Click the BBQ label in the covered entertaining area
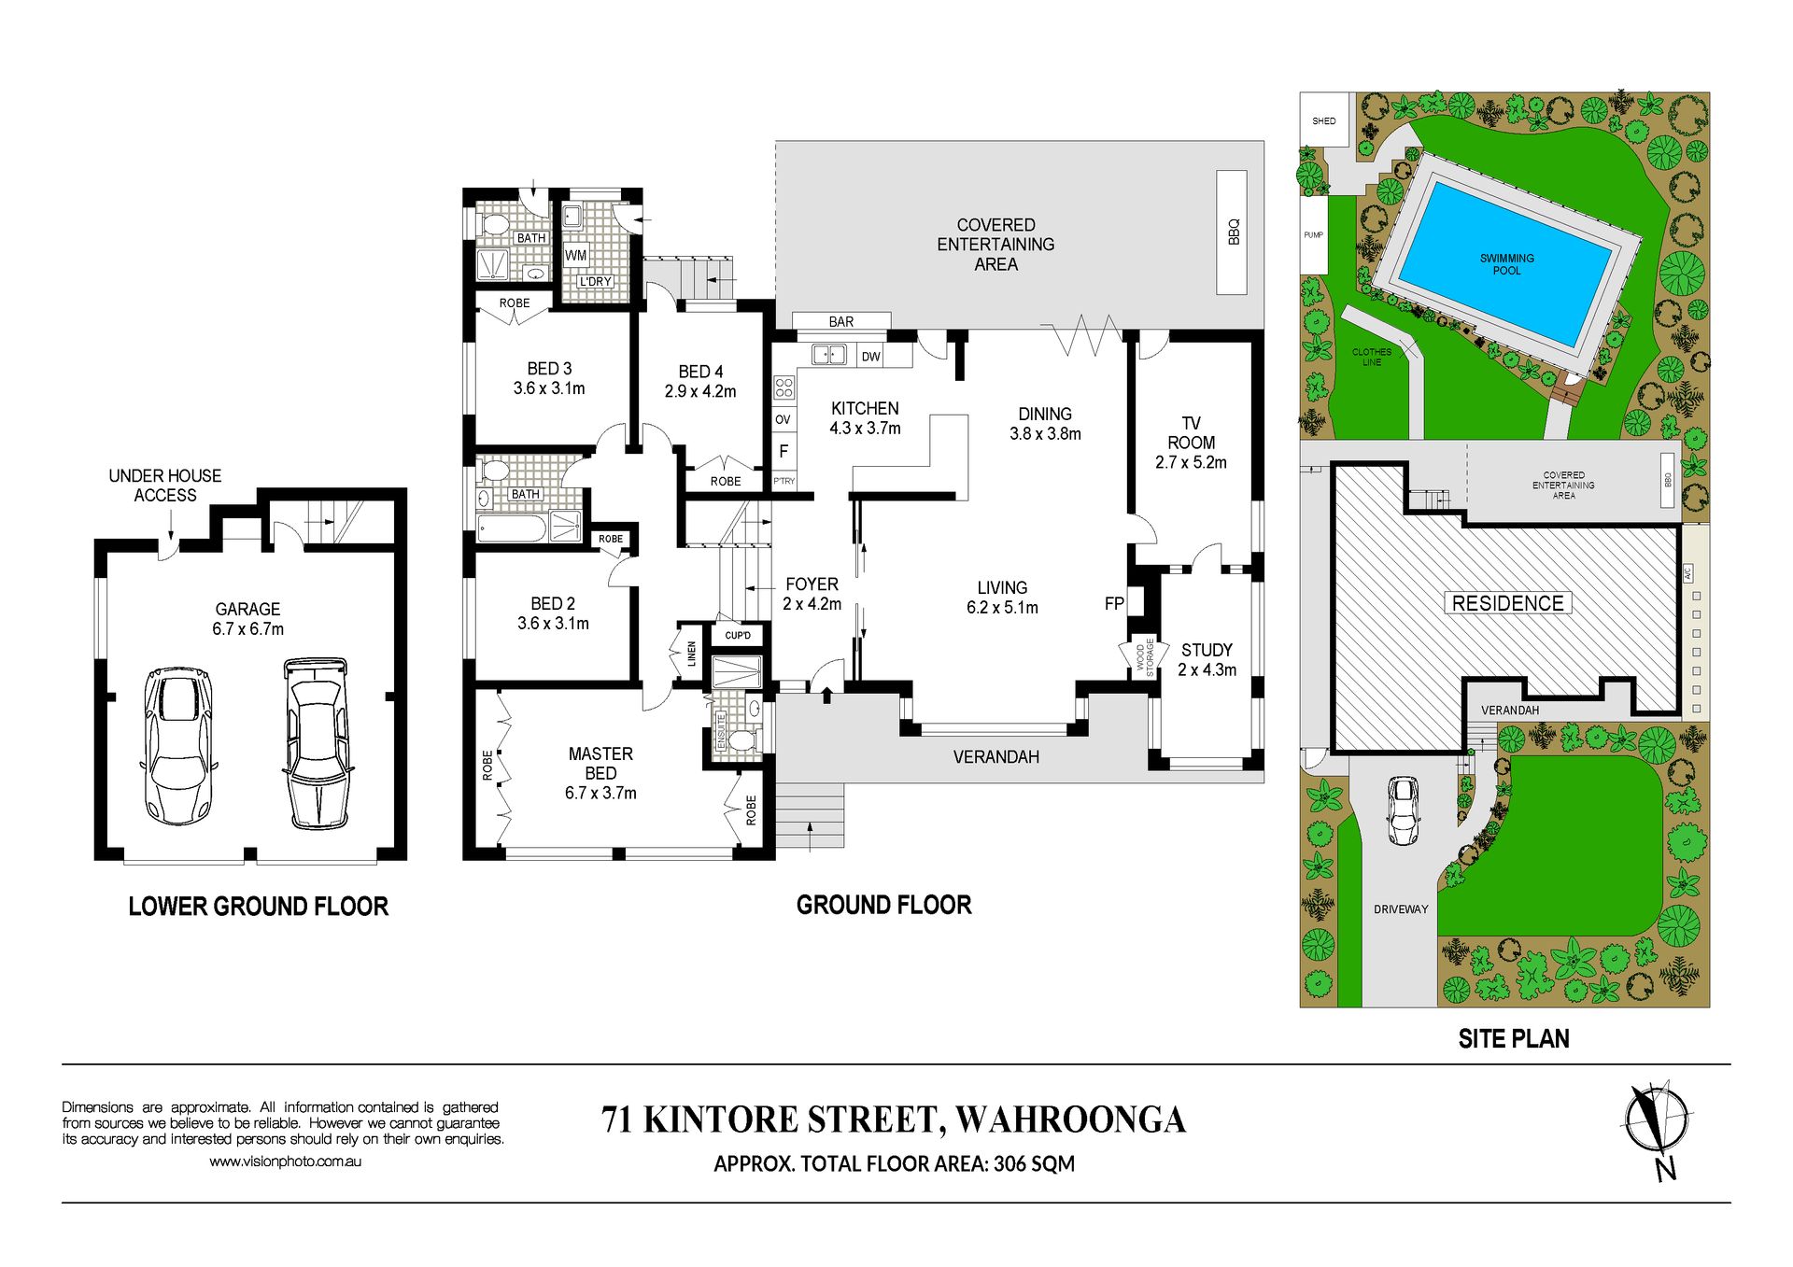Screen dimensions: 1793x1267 pos(1233,232)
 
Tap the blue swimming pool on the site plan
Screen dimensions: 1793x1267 pos(1506,263)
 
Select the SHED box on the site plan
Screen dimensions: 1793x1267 pos(1325,120)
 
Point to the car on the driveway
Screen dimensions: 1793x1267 pos(1403,809)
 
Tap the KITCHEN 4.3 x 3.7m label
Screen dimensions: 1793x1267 pos(865,418)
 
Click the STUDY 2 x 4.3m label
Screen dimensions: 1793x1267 pos(1207,659)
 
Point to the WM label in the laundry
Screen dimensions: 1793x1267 pos(576,255)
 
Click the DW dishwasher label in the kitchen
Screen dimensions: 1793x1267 pos(870,357)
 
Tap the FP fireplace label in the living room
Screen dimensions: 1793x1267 pos(1113,604)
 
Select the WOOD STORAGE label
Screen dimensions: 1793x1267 pos(1145,657)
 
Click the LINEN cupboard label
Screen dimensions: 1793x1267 pos(692,653)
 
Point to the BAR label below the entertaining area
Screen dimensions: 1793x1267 pos(840,322)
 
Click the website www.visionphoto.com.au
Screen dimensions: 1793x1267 pos(285,1161)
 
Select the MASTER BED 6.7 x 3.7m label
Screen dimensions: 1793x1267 pos(600,773)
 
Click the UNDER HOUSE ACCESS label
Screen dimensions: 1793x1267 pos(165,486)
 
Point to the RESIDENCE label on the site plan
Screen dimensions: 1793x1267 pos(1507,603)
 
